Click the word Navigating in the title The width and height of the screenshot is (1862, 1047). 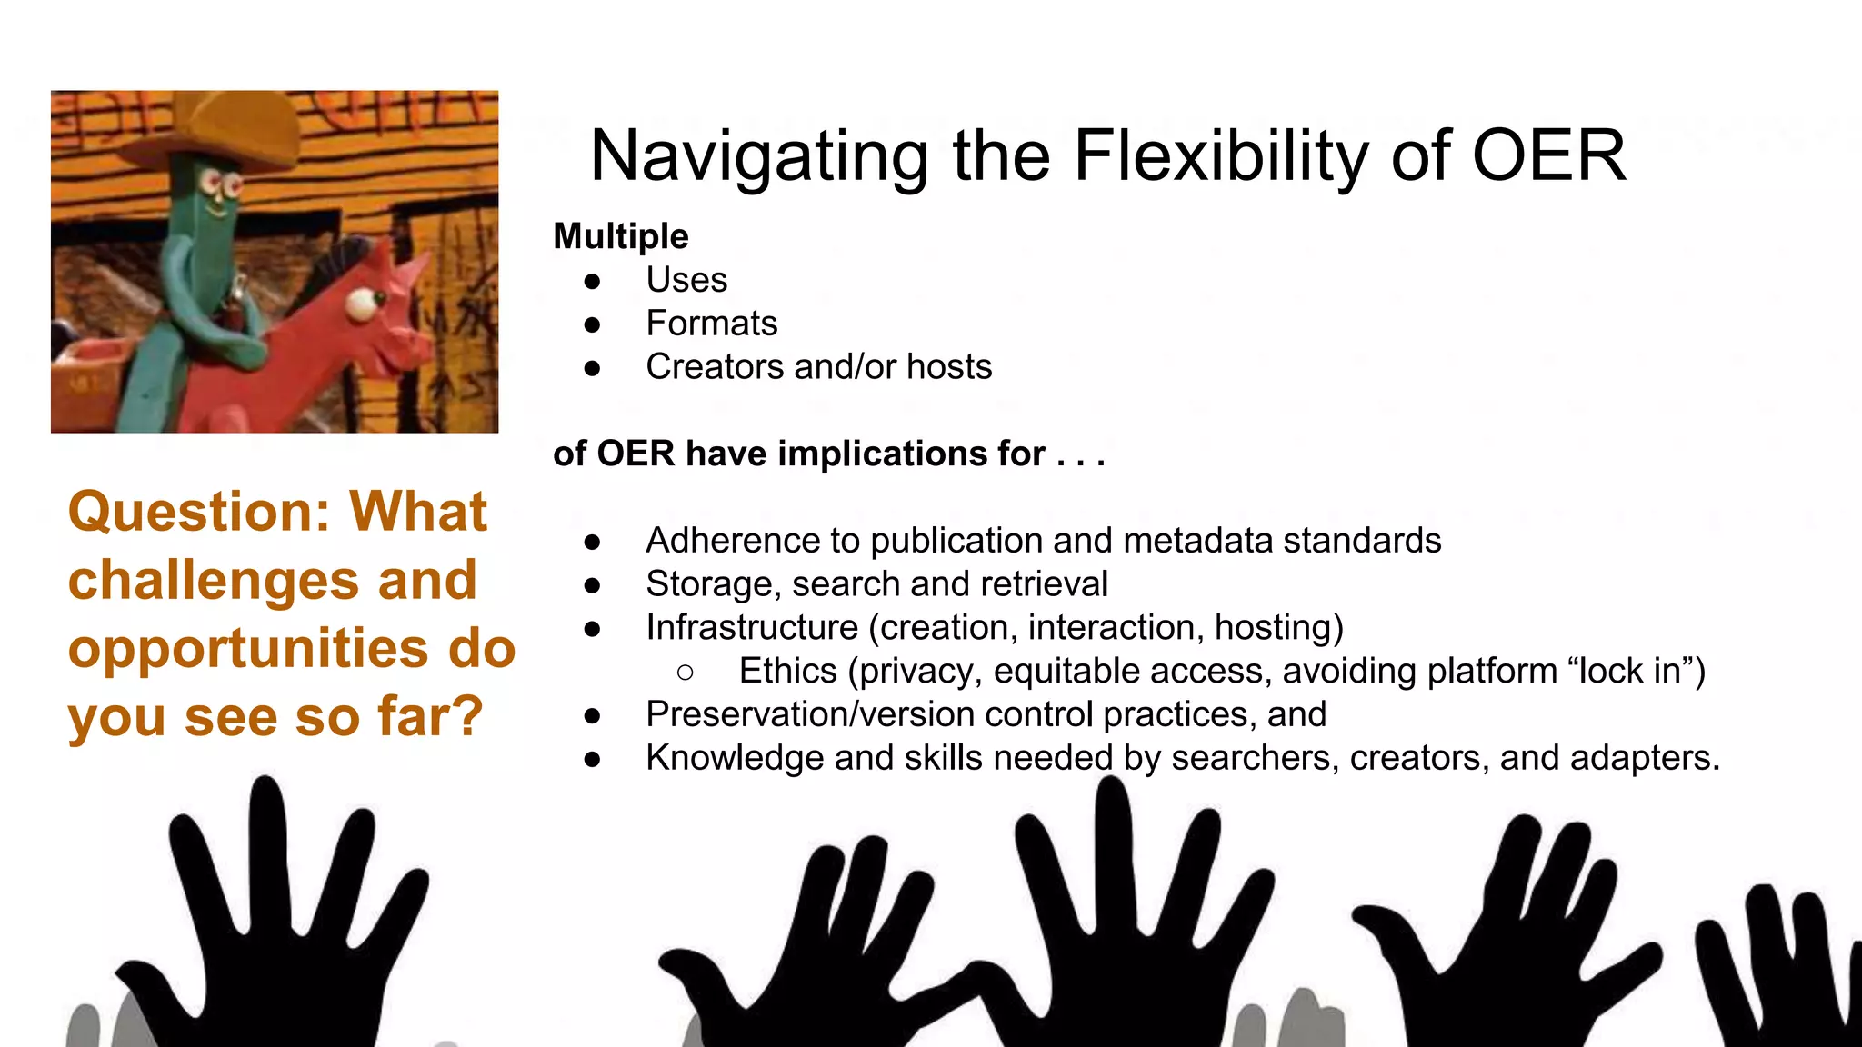coord(758,156)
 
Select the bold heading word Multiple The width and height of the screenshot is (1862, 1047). coord(621,236)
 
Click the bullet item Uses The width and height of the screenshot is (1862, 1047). coord(686,280)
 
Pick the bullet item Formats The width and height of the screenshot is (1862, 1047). coord(712,324)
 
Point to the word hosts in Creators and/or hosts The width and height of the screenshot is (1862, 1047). coord(949,367)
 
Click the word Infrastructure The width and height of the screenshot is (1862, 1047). coord(752,628)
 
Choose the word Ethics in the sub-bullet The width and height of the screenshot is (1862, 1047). coord(787,672)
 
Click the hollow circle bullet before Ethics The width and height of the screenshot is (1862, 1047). coord(686,673)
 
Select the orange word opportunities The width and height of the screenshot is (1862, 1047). coord(248,649)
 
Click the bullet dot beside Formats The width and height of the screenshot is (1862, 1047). coord(593,324)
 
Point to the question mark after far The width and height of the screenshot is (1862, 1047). coord(466,716)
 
